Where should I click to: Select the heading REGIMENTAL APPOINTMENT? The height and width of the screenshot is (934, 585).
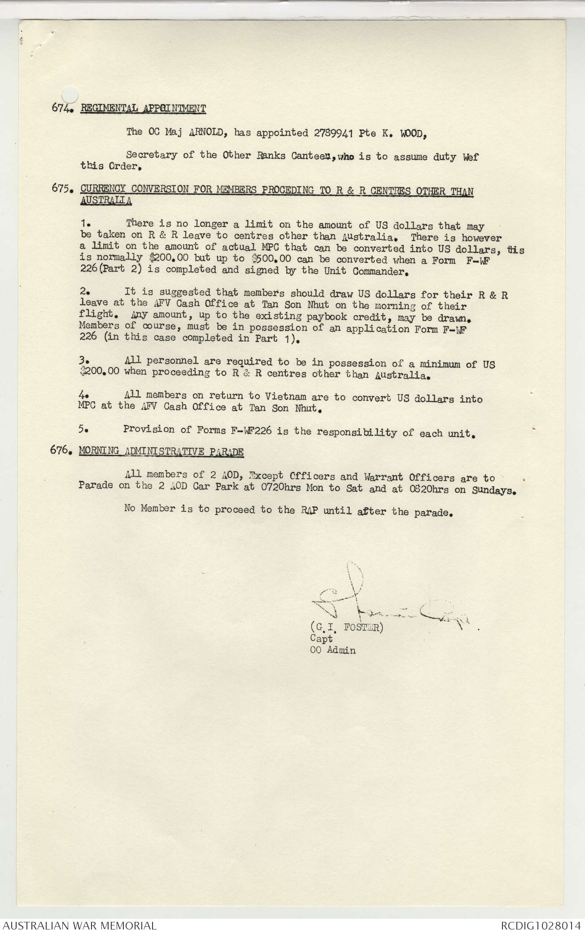coord(143,108)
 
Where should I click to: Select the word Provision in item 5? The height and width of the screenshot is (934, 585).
coord(149,430)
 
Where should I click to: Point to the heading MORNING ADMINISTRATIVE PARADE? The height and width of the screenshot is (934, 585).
coord(162,451)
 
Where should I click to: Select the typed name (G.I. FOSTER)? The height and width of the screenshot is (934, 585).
coord(346,628)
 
